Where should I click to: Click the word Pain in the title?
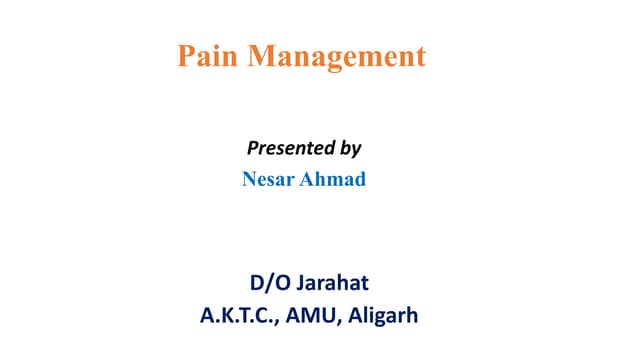click(208, 56)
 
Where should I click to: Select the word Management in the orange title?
click(337, 57)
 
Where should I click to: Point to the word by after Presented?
click(349, 149)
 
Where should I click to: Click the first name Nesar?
click(269, 181)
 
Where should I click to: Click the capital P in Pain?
click(186, 56)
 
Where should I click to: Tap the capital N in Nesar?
click(249, 181)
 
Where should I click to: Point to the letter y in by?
click(355, 151)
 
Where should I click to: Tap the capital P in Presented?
click(251, 148)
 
